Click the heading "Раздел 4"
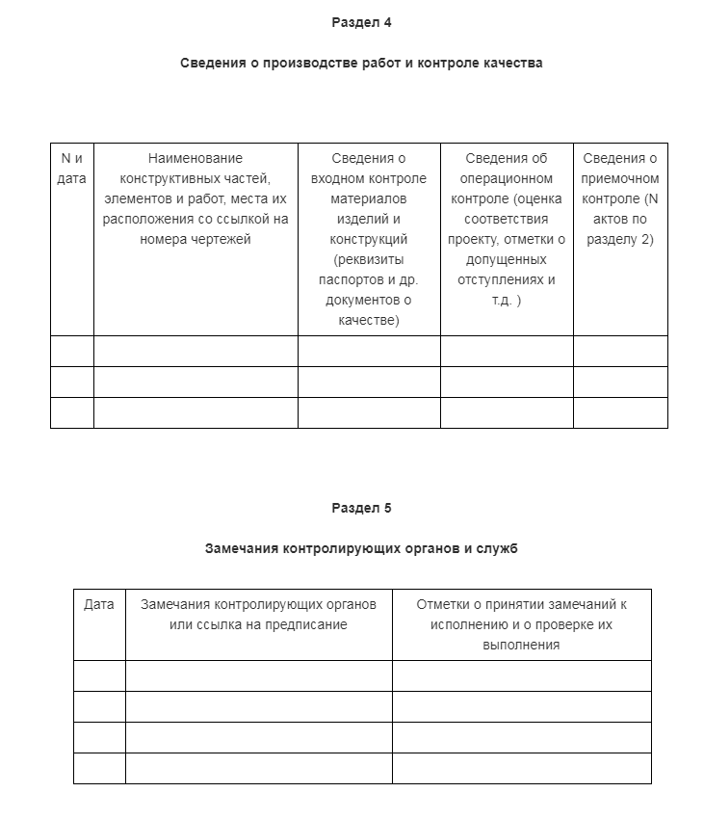361,22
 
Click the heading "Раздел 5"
361,508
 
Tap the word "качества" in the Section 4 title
515,64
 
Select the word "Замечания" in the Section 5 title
243,549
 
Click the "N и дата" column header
72,168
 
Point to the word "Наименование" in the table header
196,158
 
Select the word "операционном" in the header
507,178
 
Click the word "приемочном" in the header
621,178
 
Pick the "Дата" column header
99,604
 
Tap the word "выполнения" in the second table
521,645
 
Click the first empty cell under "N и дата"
72,351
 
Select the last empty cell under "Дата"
99,768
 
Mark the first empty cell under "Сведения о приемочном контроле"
620,351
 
